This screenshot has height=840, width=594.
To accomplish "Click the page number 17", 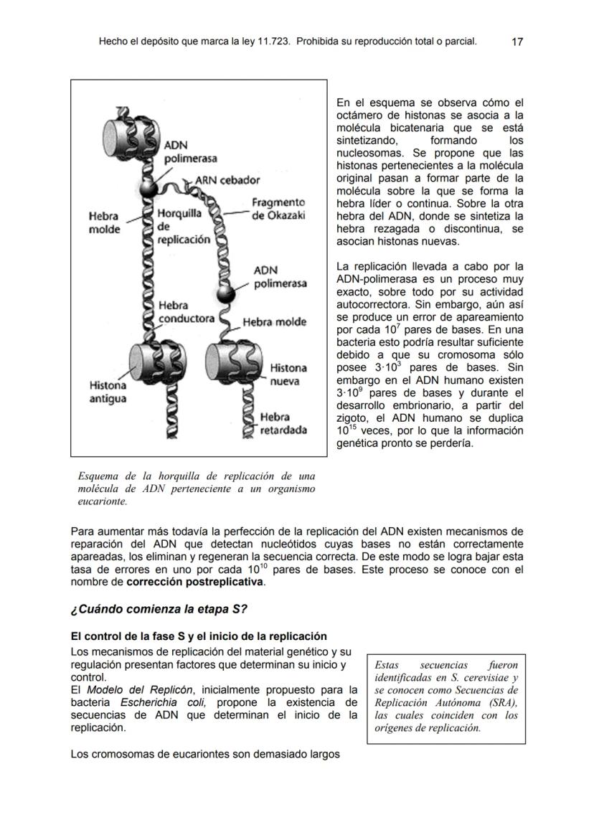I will (517, 42).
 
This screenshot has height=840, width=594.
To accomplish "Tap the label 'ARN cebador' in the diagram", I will (229, 179).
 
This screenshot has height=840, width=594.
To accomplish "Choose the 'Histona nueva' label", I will (288, 374).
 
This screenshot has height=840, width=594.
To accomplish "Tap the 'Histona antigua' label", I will (108, 392).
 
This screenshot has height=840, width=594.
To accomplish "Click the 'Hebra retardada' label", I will (283, 423).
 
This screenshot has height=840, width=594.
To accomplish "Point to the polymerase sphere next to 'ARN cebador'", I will (148, 189).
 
